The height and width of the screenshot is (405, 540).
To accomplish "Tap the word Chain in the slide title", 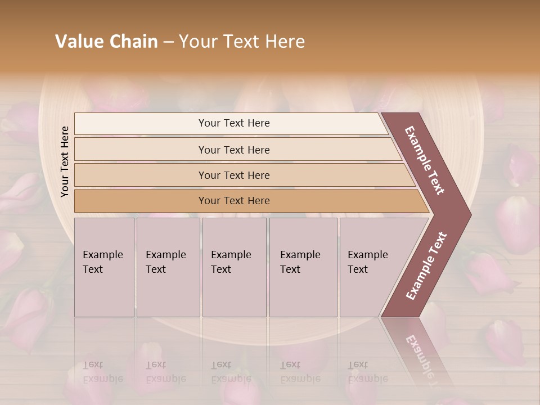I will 133,42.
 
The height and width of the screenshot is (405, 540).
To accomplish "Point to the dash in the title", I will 168,42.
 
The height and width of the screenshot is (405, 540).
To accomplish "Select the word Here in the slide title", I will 285,42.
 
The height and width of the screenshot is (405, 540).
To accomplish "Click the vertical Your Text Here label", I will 65,161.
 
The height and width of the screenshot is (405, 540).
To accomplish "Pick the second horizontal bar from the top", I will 233,150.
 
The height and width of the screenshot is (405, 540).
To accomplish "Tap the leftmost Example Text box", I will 104,267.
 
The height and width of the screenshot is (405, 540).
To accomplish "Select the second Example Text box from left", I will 168,267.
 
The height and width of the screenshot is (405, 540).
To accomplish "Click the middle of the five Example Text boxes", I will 234,267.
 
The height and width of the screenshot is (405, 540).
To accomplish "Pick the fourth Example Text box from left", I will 303,267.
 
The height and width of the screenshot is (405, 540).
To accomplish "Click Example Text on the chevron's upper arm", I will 425,160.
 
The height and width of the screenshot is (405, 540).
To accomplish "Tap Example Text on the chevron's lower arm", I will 426,265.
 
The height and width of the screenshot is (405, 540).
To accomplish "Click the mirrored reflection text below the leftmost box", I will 103,372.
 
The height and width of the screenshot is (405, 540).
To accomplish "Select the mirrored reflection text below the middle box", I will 231,372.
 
